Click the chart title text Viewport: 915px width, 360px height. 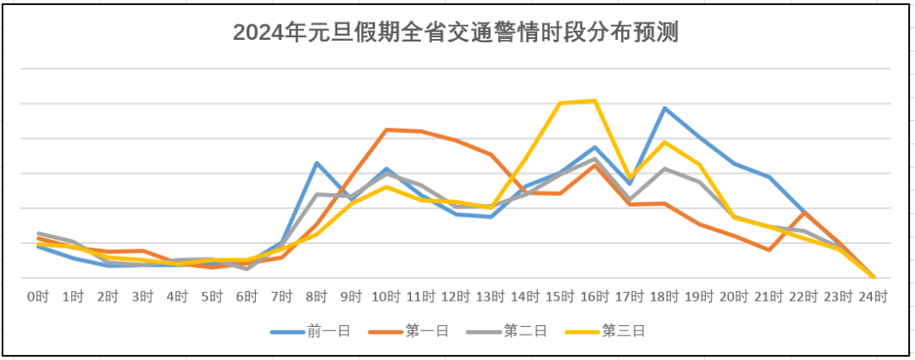(457, 33)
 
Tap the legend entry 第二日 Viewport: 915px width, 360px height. (521, 331)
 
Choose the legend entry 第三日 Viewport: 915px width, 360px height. (618, 331)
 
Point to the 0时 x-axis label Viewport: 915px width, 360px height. (37, 297)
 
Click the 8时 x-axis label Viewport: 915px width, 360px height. (317, 297)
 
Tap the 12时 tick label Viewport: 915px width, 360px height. (456, 297)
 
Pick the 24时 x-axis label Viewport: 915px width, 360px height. (873, 297)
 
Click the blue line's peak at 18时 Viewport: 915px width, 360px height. (665, 108)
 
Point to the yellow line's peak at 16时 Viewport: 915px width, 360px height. (595, 101)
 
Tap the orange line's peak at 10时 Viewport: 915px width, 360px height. (386, 130)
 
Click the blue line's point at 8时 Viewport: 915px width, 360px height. (317, 163)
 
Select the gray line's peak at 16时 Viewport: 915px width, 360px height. (595, 158)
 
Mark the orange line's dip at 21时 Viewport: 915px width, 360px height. (769, 250)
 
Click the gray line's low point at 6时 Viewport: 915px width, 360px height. (247, 269)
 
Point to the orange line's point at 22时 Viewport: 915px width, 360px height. (804, 213)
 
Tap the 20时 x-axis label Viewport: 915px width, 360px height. (735, 297)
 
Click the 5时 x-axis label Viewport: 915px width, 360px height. (212, 297)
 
